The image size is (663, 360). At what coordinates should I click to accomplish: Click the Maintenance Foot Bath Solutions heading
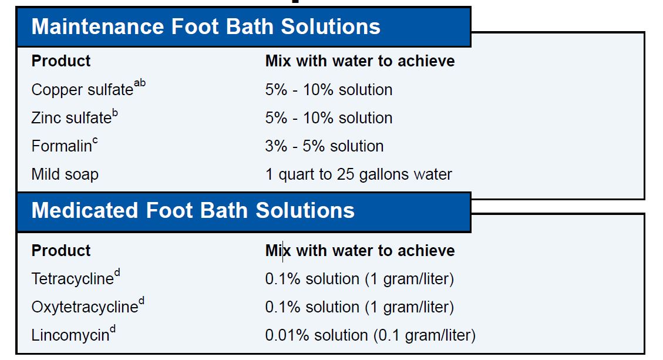[x=206, y=26]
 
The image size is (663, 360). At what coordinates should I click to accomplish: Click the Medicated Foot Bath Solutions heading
[x=193, y=210]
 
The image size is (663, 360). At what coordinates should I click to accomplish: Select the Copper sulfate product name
[x=82, y=90]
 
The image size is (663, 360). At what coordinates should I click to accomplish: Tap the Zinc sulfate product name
[x=72, y=117]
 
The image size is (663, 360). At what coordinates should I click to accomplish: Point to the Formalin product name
[x=62, y=146]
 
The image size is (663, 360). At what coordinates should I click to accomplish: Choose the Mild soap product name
[x=65, y=174]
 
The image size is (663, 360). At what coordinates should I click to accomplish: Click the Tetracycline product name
[x=73, y=279]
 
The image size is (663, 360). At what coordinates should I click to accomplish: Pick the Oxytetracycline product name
[x=85, y=307]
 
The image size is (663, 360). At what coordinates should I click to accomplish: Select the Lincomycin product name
[x=70, y=335]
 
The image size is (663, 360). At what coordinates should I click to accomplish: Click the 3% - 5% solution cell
[x=324, y=146]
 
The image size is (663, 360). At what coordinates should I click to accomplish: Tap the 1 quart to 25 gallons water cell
[x=359, y=174]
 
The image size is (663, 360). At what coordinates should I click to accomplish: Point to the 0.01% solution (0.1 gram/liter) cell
[x=371, y=335]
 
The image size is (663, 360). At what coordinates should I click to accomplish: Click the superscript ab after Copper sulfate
[x=140, y=83]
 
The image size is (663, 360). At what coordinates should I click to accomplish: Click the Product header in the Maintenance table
[x=61, y=61]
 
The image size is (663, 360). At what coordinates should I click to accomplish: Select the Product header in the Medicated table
[x=61, y=250]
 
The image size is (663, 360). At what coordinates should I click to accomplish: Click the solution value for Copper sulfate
[x=329, y=90]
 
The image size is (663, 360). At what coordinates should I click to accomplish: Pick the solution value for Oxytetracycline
[x=359, y=307]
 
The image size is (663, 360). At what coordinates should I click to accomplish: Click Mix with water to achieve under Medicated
[x=360, y=250]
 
